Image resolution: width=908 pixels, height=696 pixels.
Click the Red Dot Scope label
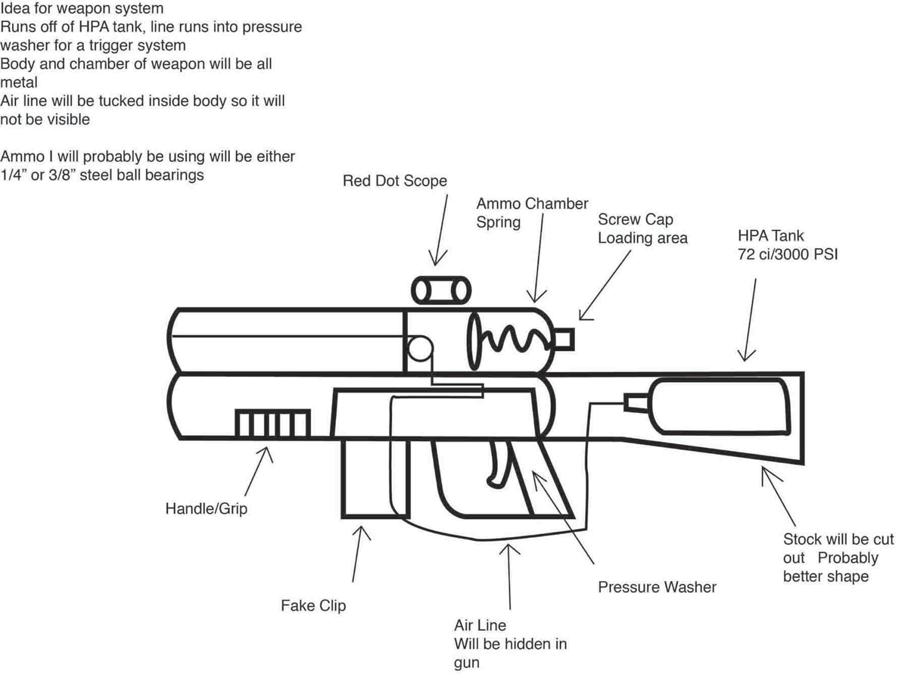(394, 181)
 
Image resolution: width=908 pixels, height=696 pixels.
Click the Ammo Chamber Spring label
(531, 213)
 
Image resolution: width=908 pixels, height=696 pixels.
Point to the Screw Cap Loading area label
(642, 228)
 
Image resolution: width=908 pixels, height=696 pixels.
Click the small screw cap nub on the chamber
(565, 340)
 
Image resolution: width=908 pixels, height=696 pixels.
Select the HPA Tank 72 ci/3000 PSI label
(787, 245)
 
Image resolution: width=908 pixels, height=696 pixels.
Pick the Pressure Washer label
(657, 587)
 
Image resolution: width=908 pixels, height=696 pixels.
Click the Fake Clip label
(313, 605)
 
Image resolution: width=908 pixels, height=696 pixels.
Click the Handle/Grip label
(206, 508)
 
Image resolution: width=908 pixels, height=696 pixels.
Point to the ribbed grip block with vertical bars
(272, 423)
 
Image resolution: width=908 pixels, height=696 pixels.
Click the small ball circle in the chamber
(420, 349)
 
